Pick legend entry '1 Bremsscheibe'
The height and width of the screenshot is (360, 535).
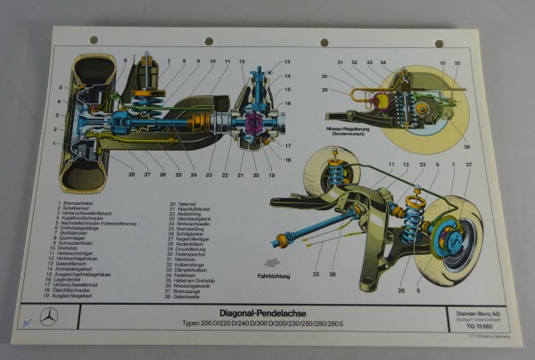pos(79,205)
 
